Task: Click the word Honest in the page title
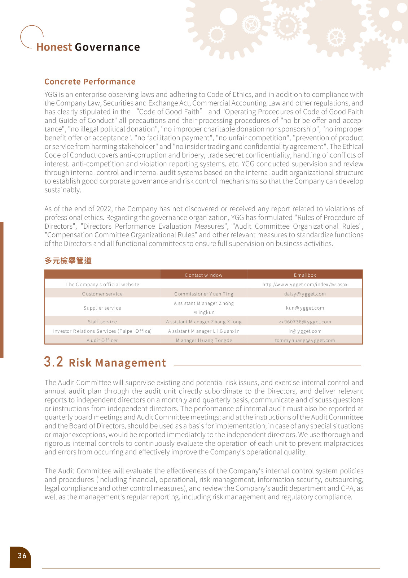tap(54, 47)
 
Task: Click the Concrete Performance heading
tap(90, 82)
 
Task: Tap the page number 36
tap(22, 556)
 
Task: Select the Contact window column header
tap(203, 275)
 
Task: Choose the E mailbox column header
tap(305, 275)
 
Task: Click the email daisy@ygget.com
tap(305, 294)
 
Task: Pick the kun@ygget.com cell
tap(305, 308)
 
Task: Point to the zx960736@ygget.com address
tap(305, 322)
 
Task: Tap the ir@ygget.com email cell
tap(305, 331)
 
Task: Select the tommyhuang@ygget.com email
tap(305, 340)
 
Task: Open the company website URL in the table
tap(305, 284)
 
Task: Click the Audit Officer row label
tap(102, 340)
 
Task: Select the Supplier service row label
tap(102, 308)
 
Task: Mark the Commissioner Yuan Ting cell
tap(203, 294)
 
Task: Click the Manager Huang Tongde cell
tap(204, 340)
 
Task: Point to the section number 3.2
tap(53, 362)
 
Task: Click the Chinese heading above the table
tap(68, 260)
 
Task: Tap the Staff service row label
tap(102, 322)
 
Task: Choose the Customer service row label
tap(102, 294)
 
